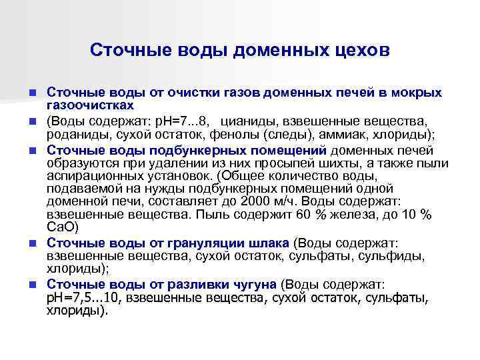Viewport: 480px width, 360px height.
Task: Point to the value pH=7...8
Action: click(x=183, y=121)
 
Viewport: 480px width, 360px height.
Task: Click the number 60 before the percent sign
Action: click(x=305, y=215)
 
